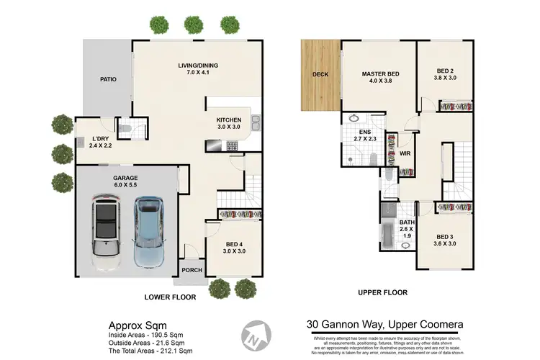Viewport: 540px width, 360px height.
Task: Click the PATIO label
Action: coord(109,79)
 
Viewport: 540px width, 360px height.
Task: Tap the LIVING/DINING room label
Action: coord(198,66)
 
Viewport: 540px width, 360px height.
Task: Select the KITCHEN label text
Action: coord(229,120)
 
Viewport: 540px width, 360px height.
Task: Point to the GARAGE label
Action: coord(125,178)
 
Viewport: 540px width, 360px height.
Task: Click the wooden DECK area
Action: coord(320,75)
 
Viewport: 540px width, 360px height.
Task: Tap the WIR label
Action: coord(405,153)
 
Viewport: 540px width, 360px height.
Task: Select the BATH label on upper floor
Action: coord(408,222)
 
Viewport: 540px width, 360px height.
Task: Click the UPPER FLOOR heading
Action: coord(383,292)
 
